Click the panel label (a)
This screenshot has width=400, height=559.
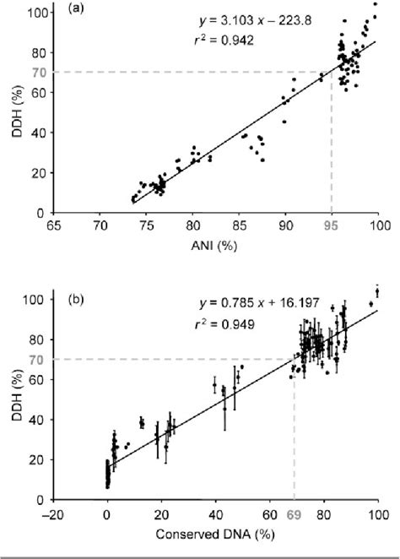coord(69,15)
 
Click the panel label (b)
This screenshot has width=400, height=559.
coord(69,298)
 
